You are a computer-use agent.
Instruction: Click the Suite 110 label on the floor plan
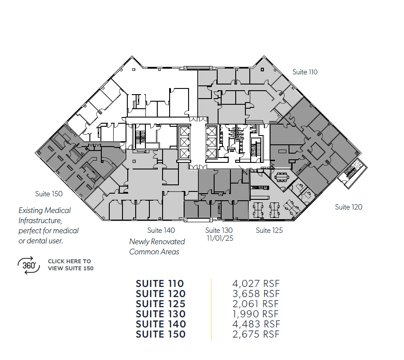(x=305, y=72)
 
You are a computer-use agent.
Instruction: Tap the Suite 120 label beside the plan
(x=348, y=207)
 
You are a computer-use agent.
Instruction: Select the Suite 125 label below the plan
(x=269, y=230)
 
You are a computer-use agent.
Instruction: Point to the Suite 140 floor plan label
(x=161, y=230)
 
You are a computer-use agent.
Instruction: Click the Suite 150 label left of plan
(x=49, y=194)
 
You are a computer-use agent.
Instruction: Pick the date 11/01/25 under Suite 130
(x=219, y=238)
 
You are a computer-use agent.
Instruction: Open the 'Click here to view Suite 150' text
(x=70, y=264)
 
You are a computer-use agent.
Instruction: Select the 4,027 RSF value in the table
(x=256, y=284)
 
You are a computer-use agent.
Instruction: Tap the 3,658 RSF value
(x=256, y=294)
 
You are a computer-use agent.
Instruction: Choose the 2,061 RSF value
(x=256, y=304)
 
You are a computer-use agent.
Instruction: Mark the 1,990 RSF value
(x=256, y=314)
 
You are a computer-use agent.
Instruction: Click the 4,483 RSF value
(x=256, y=324)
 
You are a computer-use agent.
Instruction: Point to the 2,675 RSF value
(x=256, y=334)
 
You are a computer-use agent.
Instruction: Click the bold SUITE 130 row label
(x=160, y=314)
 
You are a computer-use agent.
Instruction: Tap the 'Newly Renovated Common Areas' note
(x=157, y=246)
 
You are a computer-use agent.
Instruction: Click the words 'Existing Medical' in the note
(x=44, y=210)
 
